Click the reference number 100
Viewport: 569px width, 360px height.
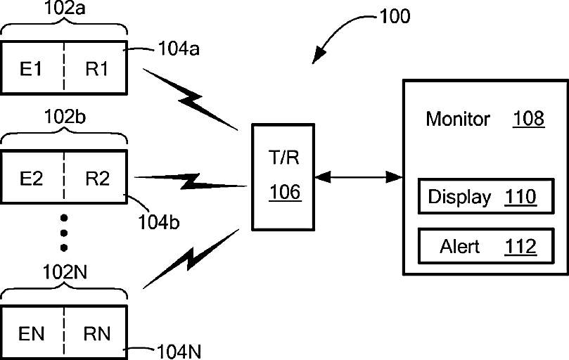click(x=395, y=16)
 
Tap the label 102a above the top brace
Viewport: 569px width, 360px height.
click(x=65, y=8)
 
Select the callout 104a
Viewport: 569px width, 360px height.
click(x=179, y=49)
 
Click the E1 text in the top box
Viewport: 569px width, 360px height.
click(x=31, y=69)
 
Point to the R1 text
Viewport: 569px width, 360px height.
click(x=97, y=69)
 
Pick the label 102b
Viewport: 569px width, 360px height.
click(x=65, y=117)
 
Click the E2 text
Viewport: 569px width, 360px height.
click(x=31, y=179)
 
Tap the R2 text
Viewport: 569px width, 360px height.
click(x=98, y=179)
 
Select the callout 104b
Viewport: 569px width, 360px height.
click(x=159, y=222)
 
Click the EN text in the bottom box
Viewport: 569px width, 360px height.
click(x=31, y=334)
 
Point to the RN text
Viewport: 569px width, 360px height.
click(x=97, y=334)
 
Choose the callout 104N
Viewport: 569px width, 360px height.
click(x=179, y=352)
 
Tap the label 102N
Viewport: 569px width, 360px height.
click(x=65, y=272)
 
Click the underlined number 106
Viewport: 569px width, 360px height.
click(x=286, y=192)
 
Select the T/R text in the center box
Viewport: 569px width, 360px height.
click(x=283, y=157)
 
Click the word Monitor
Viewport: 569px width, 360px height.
click(x=458, y=119)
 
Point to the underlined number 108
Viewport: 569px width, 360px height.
click(x=529, y=119)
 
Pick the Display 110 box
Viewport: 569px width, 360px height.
click(x=486, y=196)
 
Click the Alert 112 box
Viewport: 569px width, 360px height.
click(x=486, y=245)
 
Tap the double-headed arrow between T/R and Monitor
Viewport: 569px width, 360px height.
click(x=359, y=177)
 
